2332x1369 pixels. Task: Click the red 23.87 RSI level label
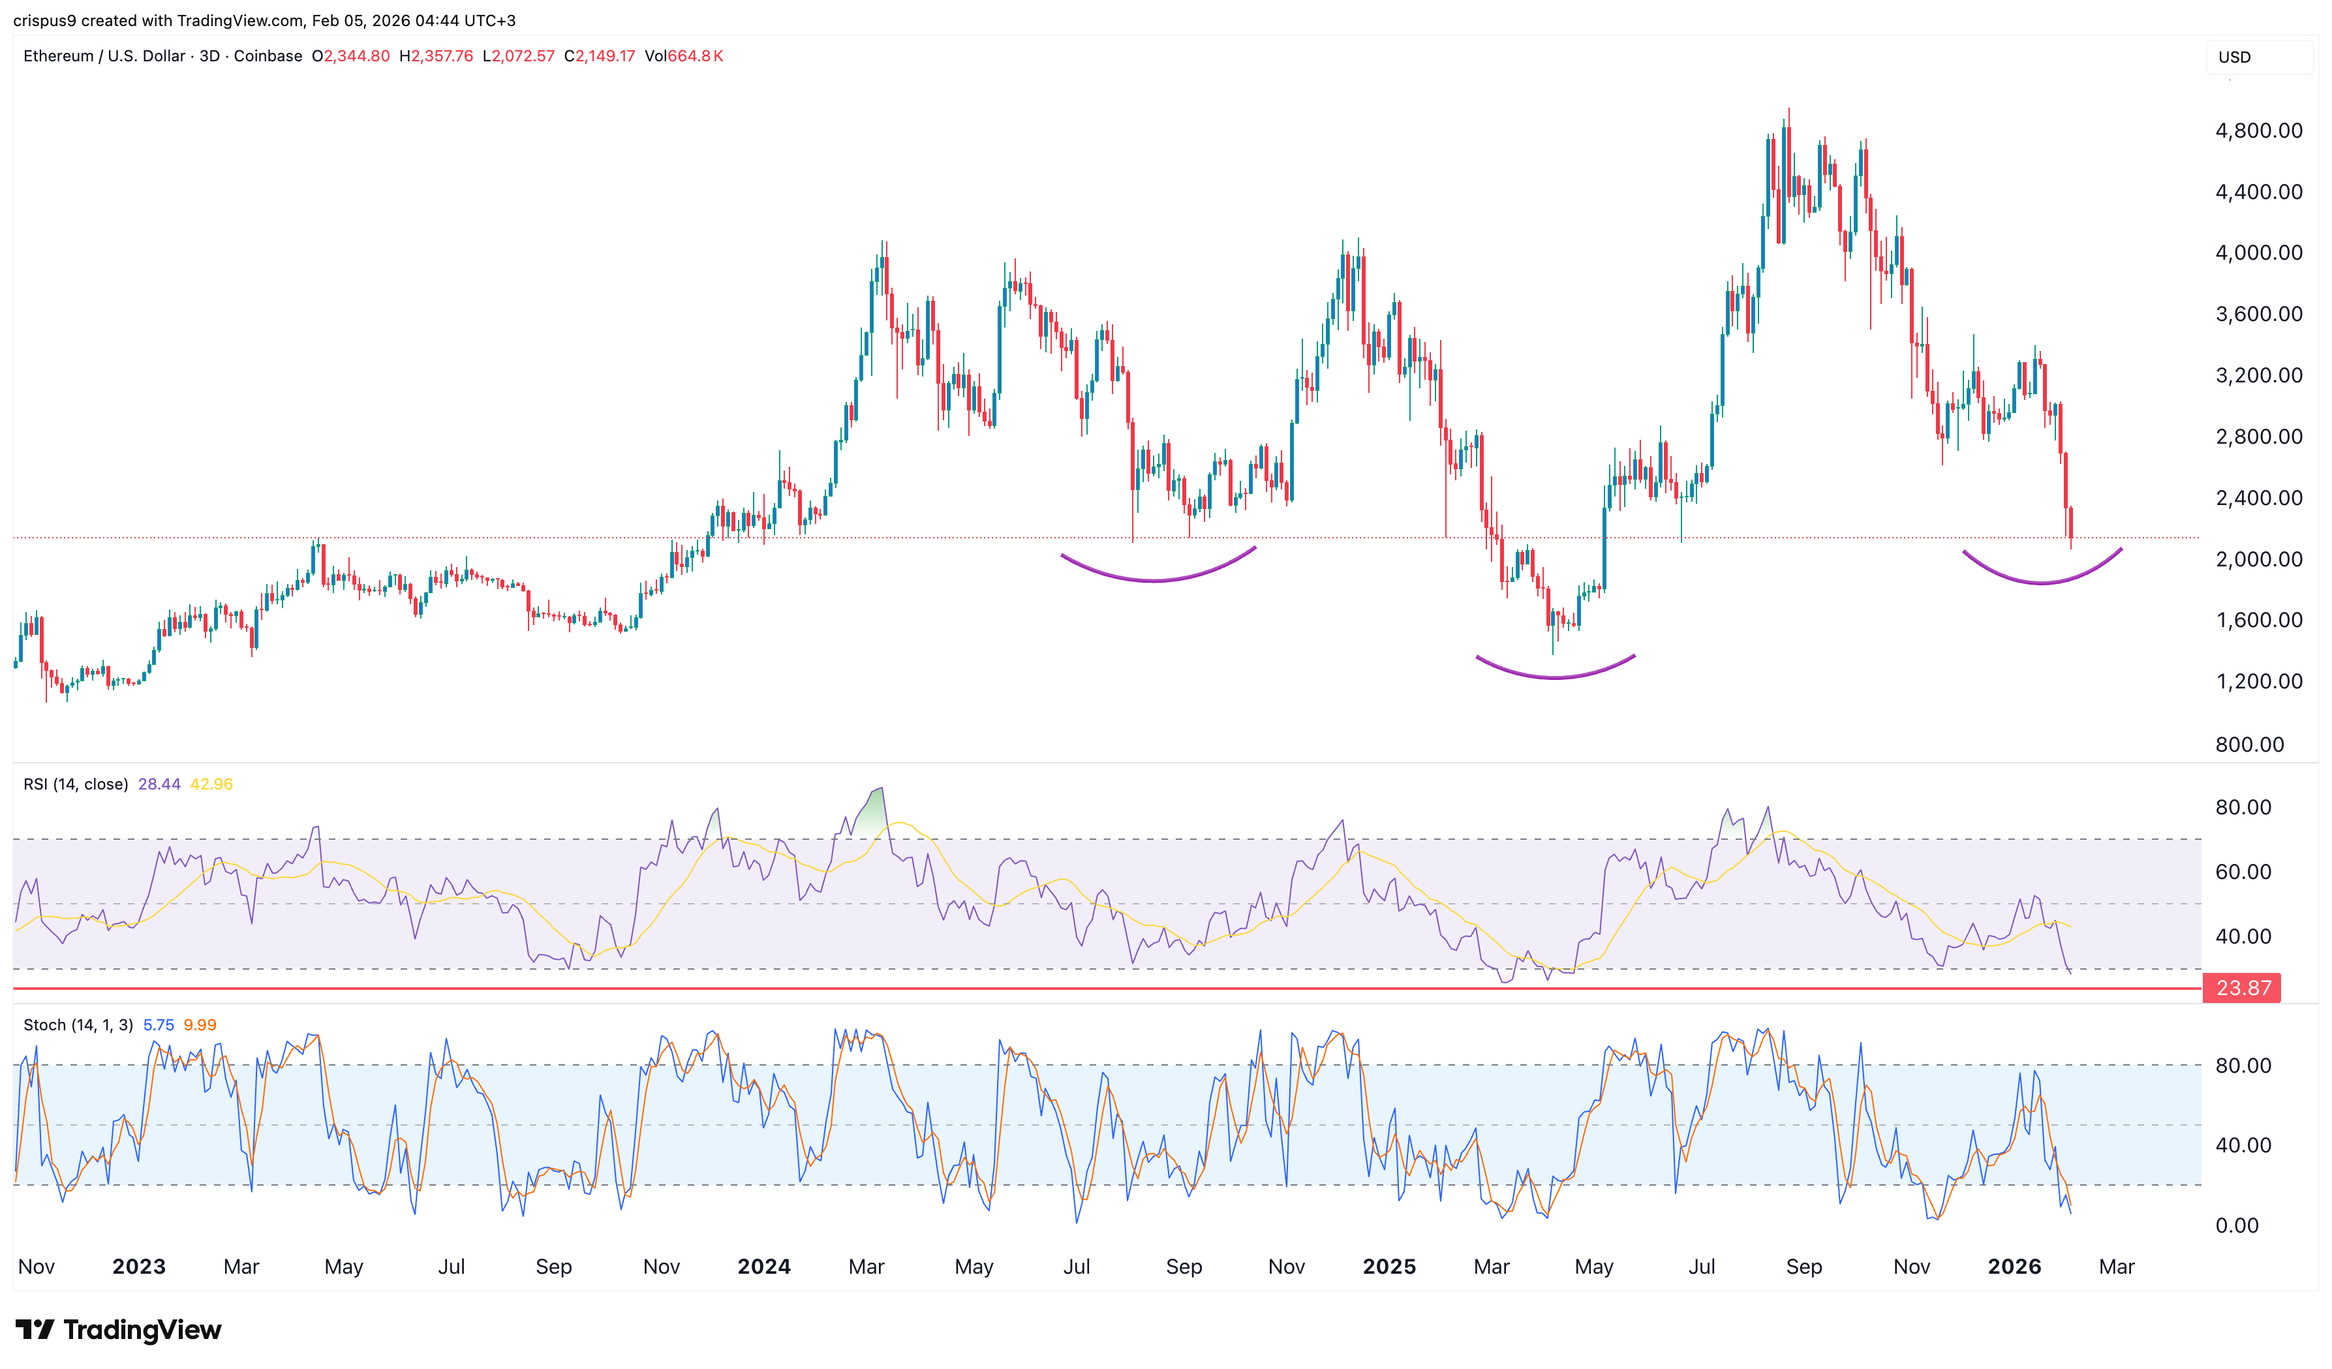click(2241, 988)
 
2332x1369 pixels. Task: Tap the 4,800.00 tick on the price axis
click(2258, 131)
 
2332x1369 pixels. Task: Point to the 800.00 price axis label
click(2248, 744)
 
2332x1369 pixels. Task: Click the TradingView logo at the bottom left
click(119, 1329)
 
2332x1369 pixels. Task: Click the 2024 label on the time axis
click(763, 1267)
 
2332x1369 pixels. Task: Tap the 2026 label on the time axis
click(2014, 1267)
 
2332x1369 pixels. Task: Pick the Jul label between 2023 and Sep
click(451, 1267)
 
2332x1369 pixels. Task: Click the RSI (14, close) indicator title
click(76, 784)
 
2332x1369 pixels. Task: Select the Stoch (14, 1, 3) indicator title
click(78, 1024)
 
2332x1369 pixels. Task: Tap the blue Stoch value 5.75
click(159, 1024)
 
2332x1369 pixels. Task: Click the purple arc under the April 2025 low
click(1555, 677)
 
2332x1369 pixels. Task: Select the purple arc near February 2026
click(2042, 581)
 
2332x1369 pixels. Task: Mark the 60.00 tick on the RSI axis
click(2242, 872)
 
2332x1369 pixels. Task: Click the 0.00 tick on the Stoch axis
click(2237, 1225)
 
